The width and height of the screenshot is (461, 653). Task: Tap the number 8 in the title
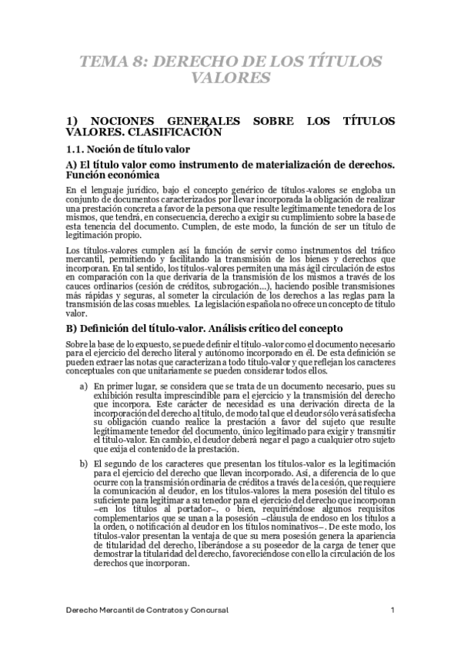(141, 62)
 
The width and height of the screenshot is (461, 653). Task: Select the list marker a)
(83, 361)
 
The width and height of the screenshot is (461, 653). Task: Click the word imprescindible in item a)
(178, 371)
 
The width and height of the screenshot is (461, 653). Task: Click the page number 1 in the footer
(393, 610)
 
